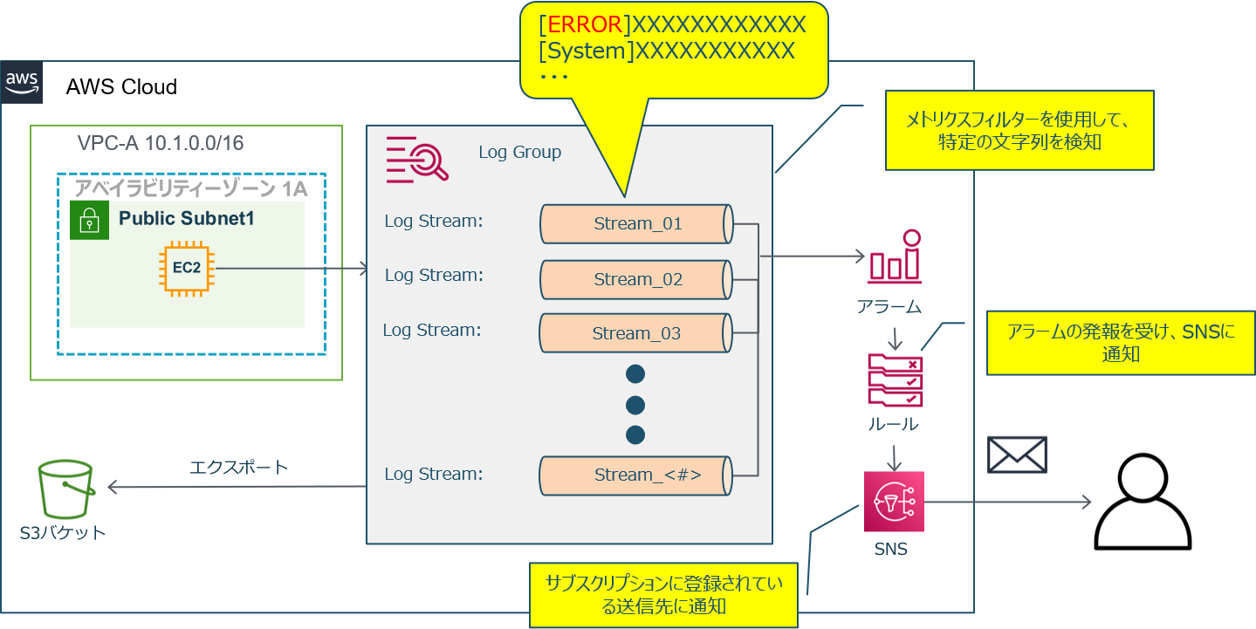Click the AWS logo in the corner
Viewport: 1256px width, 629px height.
pos(22,83)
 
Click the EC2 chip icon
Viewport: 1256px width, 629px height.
pos(186,267)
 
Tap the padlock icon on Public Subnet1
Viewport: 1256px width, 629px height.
pos(89,222)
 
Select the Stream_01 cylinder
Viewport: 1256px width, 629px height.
pos(636,224)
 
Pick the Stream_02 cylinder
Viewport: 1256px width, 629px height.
pos(636,279)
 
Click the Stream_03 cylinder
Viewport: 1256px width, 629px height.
pos(635,333)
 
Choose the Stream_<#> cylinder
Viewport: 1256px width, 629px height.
pos(636,475)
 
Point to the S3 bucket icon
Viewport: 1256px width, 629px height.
pos(65,490)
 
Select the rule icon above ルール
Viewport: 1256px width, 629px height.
pos(895,379)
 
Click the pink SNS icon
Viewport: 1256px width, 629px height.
pos(893,502)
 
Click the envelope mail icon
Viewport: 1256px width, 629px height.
pos(1017,455)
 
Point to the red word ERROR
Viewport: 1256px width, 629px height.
pos(584,24)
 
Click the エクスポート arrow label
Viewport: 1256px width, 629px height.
pos(238,468)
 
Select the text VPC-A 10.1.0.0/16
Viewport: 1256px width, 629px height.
pos(160,143)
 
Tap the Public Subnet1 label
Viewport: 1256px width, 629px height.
pos(186,218)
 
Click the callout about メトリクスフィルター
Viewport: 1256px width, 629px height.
pos(1019,130)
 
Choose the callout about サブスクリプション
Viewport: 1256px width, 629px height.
pos(663,594)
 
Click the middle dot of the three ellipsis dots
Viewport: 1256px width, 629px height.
pos(635,405)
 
